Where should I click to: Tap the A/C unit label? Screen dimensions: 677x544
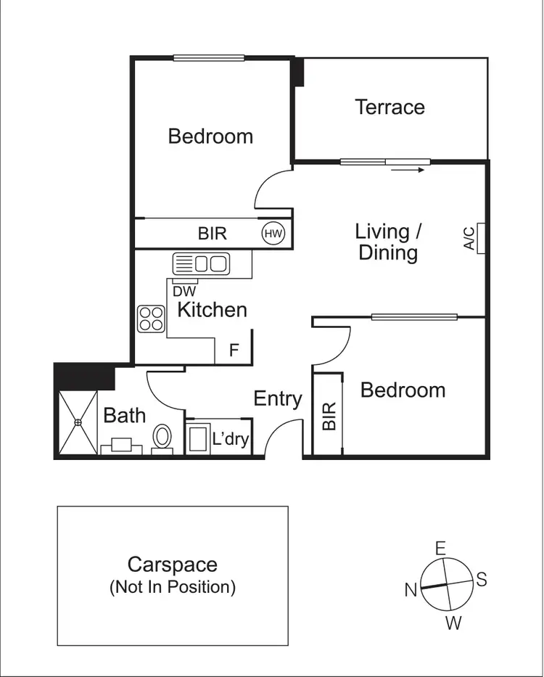[x=470, y=238]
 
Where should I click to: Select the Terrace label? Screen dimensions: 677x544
[x=390, y=107]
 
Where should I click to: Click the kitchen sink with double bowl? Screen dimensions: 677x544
[x=201, y=263]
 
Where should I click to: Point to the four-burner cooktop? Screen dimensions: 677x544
[x=152, y=319]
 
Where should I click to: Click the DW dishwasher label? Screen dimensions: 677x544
[x=184, y=291]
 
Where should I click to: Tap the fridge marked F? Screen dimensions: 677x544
[x=234, y=350]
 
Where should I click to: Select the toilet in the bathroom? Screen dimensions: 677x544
[x=162, y=438]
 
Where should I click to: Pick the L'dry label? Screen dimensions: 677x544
[x=231, y=439]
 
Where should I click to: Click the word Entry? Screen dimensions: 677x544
[x=277, y=398]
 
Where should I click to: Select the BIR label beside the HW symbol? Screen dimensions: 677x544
[x=212, y=233]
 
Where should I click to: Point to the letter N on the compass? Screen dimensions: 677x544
[x=410, y=590]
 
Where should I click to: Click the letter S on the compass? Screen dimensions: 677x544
[x=480, y=579]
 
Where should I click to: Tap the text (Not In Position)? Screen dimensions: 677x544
[x=173, y=587]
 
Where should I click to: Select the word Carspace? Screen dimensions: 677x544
[x=173, y=565]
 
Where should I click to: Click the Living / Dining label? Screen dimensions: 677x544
[x=388, y=242]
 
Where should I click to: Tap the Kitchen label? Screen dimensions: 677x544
[x=212, y=310]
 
